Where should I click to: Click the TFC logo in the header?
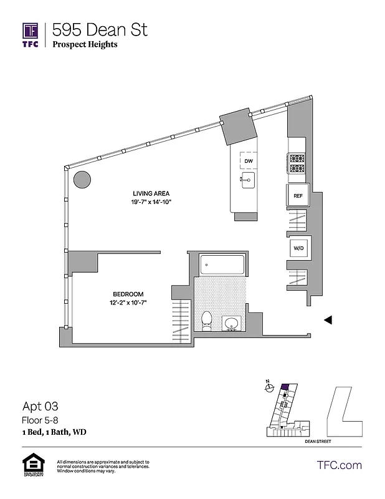coord(31,35)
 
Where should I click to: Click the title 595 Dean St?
coord(100,29)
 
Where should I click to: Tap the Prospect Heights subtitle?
coord(85,44)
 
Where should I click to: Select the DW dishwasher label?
coord(249,161)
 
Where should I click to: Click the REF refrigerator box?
coord(298,196)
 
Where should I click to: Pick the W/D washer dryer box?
coord(298,248)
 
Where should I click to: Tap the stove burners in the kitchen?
coord(296,163)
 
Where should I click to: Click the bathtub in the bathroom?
coord(222,265)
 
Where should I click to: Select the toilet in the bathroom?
coord(207,320)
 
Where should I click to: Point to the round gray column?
coord(82,180)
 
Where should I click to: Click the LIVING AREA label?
coord(151,193)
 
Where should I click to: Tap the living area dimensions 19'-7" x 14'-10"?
coord(151,202)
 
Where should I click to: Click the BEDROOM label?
coord(128,294)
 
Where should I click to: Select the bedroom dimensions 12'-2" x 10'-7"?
coord(128,303)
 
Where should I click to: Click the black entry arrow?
coord(326,320)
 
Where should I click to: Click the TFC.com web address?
coord(340,465)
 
